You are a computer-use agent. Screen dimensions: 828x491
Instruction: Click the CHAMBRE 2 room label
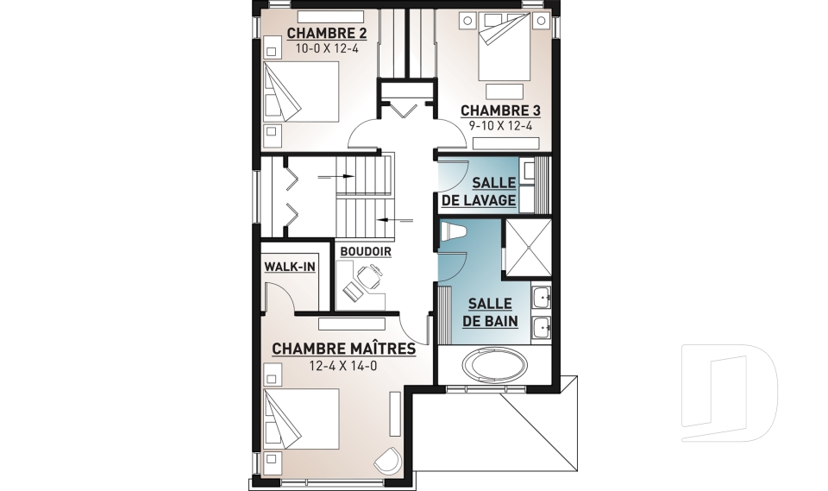click(x=326, y=34)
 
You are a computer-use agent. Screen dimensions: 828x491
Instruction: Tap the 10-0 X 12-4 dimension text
click(x=326, y=48)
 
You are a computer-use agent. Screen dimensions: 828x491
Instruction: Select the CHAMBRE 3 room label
click(x=500, y=111)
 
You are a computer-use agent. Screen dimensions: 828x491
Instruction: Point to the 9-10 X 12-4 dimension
click(x=500, y=126)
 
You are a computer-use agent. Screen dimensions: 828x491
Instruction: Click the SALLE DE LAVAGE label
click(x=479, y=192)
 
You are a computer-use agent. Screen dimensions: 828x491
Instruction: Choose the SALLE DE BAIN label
click(x=490, y=312)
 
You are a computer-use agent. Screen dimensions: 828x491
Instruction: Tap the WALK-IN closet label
click(x=290, y=267)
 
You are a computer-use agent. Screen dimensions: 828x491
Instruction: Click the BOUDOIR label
click(x=366, y=252)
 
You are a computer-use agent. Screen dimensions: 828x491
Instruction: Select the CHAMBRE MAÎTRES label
click(x=344, y=349)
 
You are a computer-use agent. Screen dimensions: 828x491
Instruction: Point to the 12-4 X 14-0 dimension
click(x=343, y=365)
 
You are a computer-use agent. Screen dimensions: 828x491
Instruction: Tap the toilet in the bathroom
click(x=452, y=231)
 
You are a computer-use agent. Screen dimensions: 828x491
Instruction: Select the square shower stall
click(x=528, y=248)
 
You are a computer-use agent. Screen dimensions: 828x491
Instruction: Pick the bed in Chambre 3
click(x=505, y=47)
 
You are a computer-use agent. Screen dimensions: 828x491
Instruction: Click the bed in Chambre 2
click(x=300, y=91)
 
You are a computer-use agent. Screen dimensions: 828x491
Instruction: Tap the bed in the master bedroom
click(x=300, y=419)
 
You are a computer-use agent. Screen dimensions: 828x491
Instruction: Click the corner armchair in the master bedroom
click(x=388, y=460)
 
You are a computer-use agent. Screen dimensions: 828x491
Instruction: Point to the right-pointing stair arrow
click(x=336, y=177)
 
